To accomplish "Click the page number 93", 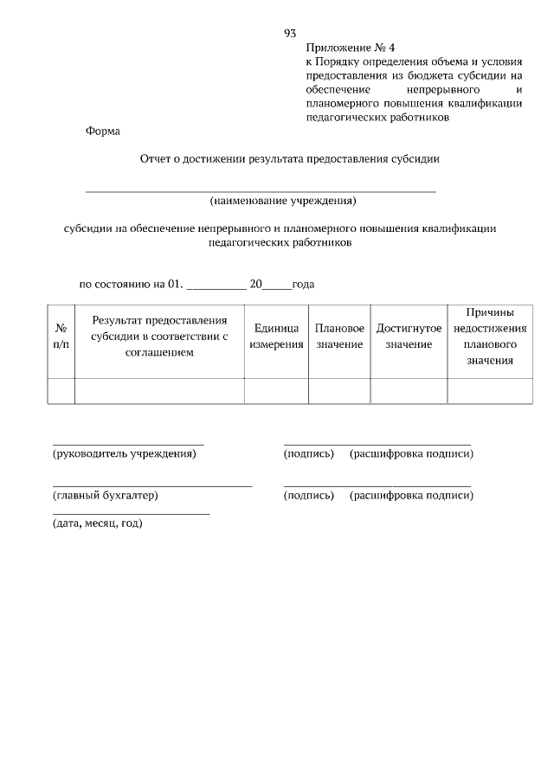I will pyautogui.click(x=290, y=33).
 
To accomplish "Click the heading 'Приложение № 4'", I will pyautogui.click(x=344, y=48).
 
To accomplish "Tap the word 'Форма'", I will pyautogui.click(x=104, y=132).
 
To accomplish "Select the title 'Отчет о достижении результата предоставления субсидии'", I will pyautogui.click(x=290, y=159).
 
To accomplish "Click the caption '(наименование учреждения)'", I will pyautogui.click(x=283, y=202).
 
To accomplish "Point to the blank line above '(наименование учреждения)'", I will pyautogui.click(x=260, y=189).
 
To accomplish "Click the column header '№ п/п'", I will pyautogui.click(x=61, y=337).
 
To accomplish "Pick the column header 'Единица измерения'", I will pyautogui.click(x=276, y=337).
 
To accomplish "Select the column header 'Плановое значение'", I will pyautogui.click(x=339, y=337).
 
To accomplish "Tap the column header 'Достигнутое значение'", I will pyautogui.click(x=409, y=337).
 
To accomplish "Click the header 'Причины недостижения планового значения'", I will pyautogui.click(x=490, y=337).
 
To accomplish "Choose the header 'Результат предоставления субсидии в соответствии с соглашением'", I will pyautogui.click(x=159, y=337).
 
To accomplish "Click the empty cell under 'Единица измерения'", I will pyautogui.click(x=276, y=390).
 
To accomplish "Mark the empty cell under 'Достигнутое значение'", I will pyautogui.click(x=409, y=390).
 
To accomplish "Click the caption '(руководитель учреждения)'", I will pyautogui.click(x=125, y=453).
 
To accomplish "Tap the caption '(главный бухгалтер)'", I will pyautogui.click(x=106, y=496).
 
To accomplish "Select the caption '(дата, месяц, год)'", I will pyautogui.click(x=97, y=523).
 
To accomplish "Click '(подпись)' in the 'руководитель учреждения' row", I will pyautogui.click(x=308, y=453).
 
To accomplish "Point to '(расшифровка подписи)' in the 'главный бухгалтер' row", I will pyautogui.click(x=411, y=496).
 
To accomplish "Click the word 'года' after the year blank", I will pyautogui.click(x=303, y=284).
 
